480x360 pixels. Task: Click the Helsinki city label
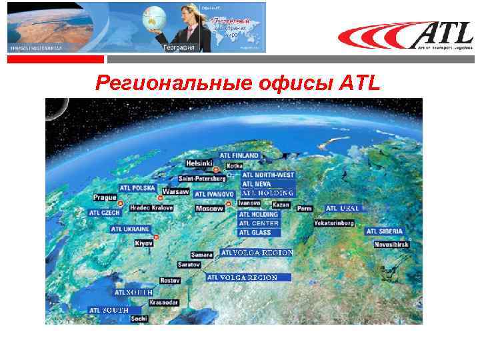[199, 163]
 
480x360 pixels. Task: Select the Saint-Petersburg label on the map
[202, 179]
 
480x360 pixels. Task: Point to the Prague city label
[105, 198]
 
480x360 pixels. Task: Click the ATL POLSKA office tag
[137, 188]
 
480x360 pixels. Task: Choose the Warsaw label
[176, 191]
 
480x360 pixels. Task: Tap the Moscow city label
[209, 209]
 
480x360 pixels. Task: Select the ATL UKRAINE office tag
[131, 229]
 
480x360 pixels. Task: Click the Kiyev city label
[144, 244]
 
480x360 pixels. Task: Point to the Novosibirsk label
[391, 245]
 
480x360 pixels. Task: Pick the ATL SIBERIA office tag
[385, 231]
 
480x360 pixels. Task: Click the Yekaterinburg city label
[334, 223]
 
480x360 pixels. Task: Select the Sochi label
[139, 319]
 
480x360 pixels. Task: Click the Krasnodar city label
[164, 302]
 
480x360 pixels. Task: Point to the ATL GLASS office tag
[255, 233]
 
